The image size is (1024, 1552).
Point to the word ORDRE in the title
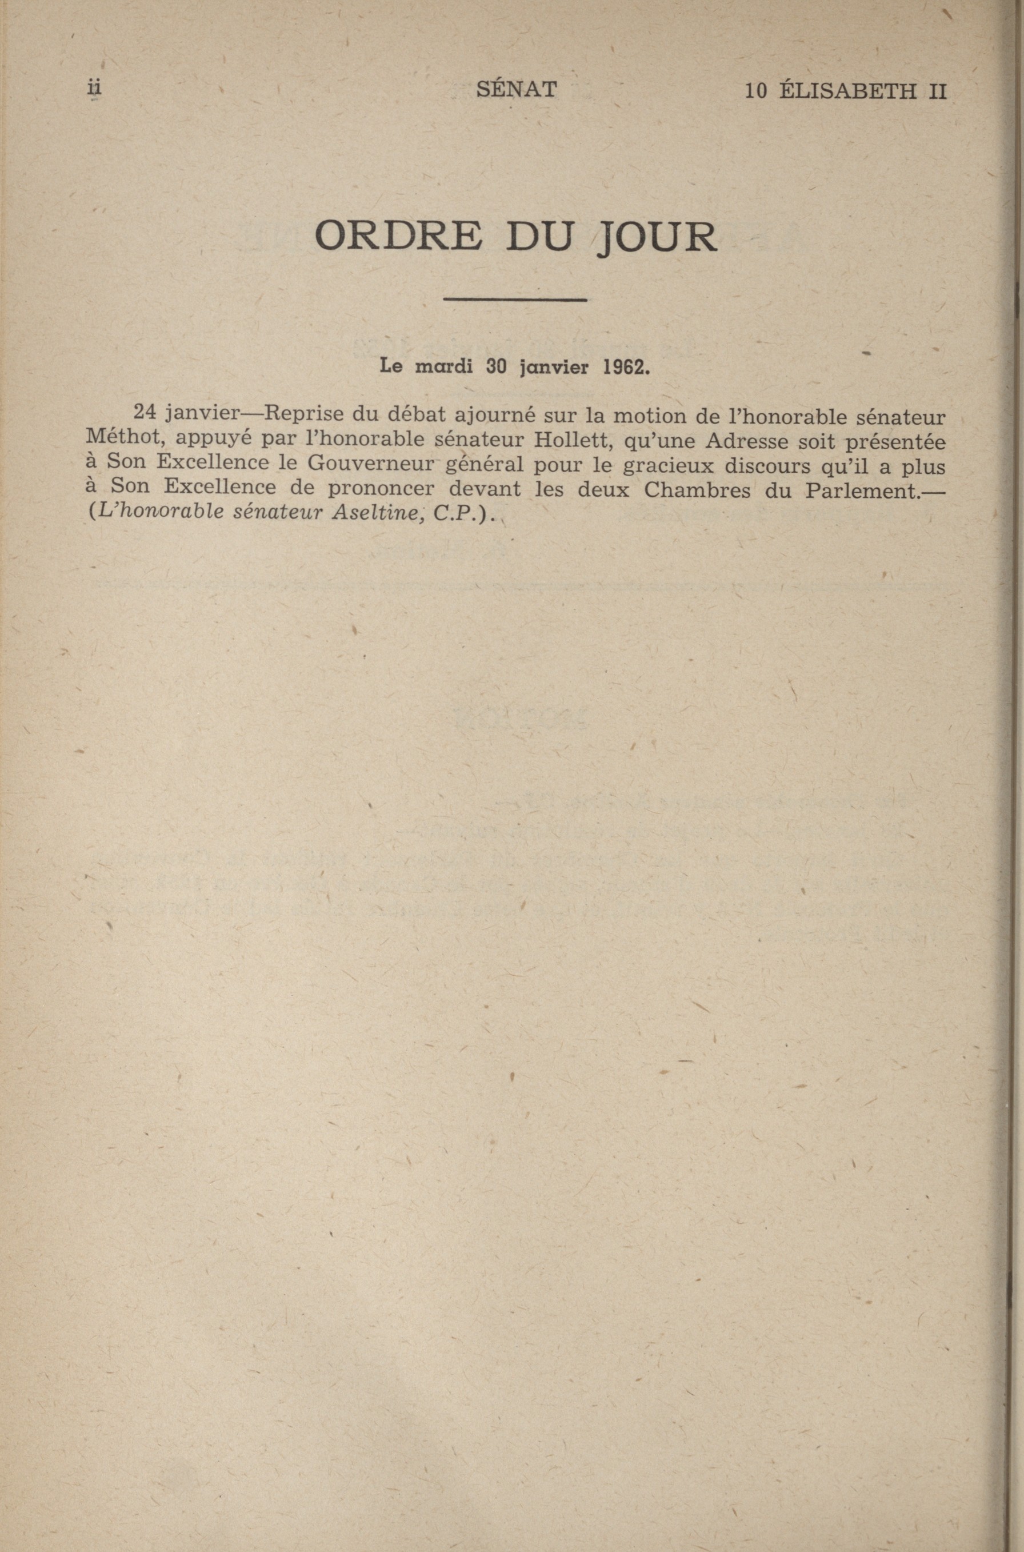[399, 237]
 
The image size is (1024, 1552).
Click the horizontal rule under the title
[515, 300]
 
